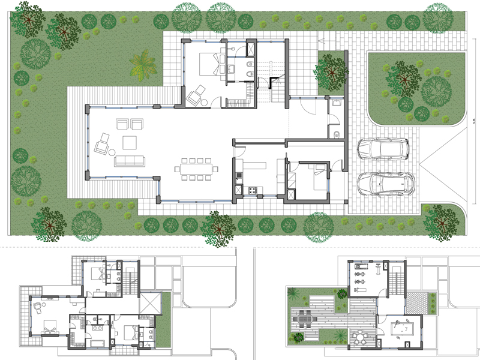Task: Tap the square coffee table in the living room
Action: (x=130, y=143)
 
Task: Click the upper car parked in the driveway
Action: (x=382, y=148)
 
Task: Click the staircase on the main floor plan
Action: (x=278, y=90)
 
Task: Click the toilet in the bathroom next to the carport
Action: (x=337, y=133)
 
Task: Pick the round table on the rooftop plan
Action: (x=358, y=339)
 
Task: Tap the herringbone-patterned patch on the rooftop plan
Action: (x=429, y=301)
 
